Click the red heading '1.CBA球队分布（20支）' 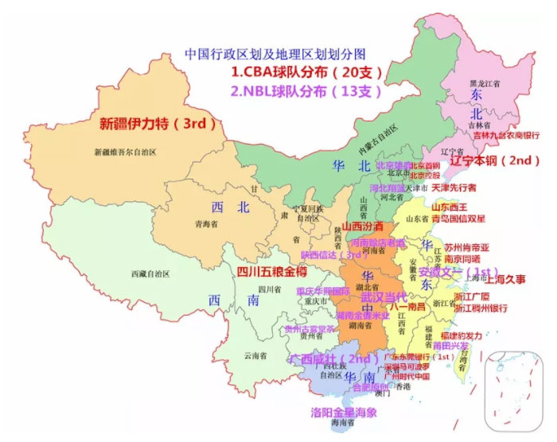(x=306, y=72)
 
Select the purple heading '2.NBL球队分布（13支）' (x=302, y=91)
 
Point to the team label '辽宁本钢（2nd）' (x=495, y=160)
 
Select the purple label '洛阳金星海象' (x=344, y=413)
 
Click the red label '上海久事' (x=506, y=280)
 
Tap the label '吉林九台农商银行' (x=503, y=136)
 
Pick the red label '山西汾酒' (x=362, y=227)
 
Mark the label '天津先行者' (x=454, y=188)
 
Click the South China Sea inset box (x=515, y=390)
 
